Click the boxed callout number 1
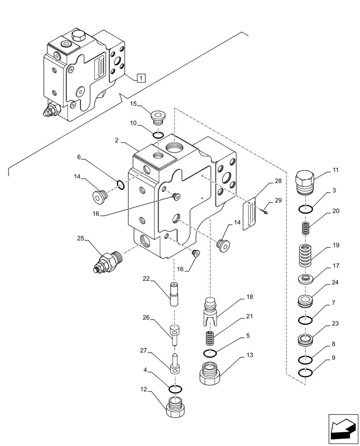pyautogui.click(x=140, y=78)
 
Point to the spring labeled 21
pyautogui.click(x=210, y=338)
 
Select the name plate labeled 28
pyautogui.click(x=250, y=215)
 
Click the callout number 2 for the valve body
pyautogui.click(x=116, y=140)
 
